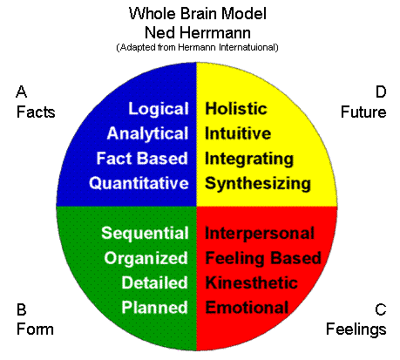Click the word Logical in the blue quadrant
[x=159, y=110]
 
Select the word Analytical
[x=148, y=134]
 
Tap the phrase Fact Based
[x=142, y=159]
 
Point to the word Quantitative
[x=139, y=184]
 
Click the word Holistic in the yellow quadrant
[x=236, y=109]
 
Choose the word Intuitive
[x=238, y=133]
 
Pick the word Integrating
[x=249, y=160]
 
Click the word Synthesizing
[x=258, y=185]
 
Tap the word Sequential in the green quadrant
[x=145, y=234]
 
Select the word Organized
[x=146, y=259]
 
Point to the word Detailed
[x=154, y=282]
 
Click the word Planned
[x=154, y=308]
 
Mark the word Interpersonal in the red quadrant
[x=260, y=234]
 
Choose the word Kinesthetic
[x=251, y=282]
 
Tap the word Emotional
[x=247, y=308]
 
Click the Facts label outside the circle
[x=36, y=112]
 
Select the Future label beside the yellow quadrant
[x=363, y=112]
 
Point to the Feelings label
[x=356, y=330]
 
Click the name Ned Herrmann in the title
[x=198, y=32]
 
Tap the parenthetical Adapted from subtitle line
[x=198, y=47]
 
